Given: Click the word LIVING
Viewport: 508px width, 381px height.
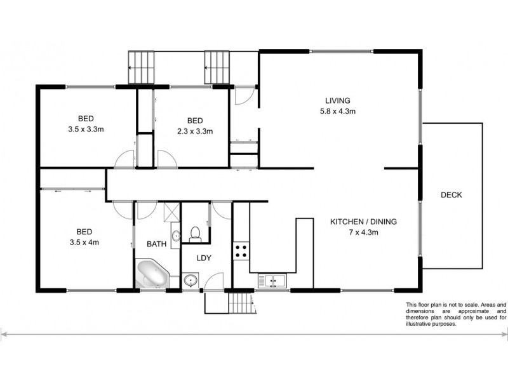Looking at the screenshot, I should tap(338, 101).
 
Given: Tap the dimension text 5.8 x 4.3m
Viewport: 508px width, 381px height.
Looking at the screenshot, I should tap(338, 111).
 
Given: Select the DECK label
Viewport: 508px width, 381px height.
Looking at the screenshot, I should tap(451, 195).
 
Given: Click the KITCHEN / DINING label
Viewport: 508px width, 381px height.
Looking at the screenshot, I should tap(363, 222).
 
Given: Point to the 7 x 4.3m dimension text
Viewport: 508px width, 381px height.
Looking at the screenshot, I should tap(363, 232).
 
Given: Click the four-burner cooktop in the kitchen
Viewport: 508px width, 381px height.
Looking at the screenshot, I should tap(241, 250).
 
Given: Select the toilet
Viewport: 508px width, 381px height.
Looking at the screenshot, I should tap(196, 233).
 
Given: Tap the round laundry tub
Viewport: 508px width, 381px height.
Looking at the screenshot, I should tap(190, 279).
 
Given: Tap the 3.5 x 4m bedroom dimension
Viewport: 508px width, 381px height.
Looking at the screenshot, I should tap(85, 242).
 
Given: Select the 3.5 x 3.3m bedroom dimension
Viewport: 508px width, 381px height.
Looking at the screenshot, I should tap(85, 129).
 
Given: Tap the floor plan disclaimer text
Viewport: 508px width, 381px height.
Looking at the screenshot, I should tap(456, 314).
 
